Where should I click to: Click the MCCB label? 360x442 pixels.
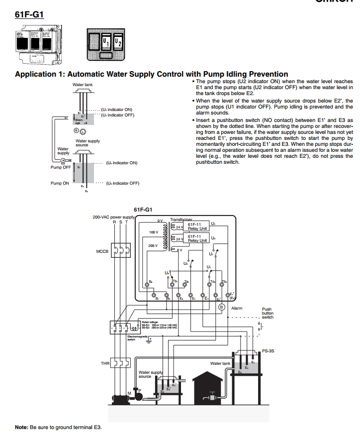102,251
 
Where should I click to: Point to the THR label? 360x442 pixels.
105,363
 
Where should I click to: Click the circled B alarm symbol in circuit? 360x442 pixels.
222,307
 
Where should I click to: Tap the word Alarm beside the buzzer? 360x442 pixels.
237,308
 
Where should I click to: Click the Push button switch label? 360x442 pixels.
268,313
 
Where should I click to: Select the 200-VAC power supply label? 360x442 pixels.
113,217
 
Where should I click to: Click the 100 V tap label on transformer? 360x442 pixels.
153,232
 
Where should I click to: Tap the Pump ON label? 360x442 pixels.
60,183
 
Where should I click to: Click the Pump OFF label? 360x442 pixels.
60,167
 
